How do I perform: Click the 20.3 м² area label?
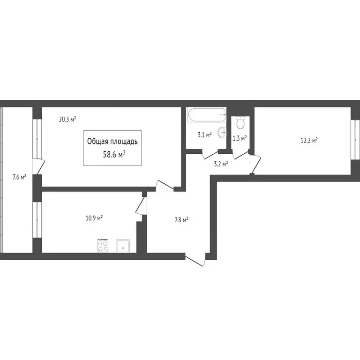tap(67, 119)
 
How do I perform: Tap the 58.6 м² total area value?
tap(113, 153)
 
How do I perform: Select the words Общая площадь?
tap(112, 141)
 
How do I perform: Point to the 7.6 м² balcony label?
tap(19, 177)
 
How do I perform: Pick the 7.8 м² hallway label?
tap(181, 219)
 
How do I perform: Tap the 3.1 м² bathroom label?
tap(204, 135)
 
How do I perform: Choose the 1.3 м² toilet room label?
tap(240, 138)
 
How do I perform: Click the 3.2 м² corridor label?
tap(221, 164)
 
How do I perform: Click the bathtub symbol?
tap(207, 114)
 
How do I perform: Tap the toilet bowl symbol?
tap(240, 123)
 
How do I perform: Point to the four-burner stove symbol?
tap(103, 245)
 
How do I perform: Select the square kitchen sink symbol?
tap(123, 245)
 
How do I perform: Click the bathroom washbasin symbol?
tap(225, 134)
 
